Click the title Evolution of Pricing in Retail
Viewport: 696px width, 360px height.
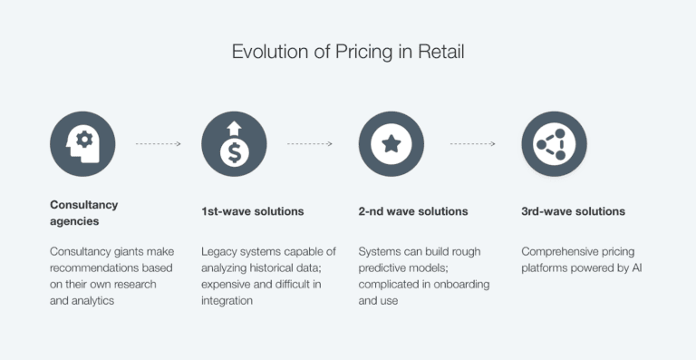pos(348,52)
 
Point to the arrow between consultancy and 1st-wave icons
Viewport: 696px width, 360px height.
pos(158,143)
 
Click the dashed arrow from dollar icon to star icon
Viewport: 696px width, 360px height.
pos(310,143)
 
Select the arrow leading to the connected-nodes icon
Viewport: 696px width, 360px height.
pos(472,143)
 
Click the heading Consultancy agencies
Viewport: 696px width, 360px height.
pos(83,212)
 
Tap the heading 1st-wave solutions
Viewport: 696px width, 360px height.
pos(252,211)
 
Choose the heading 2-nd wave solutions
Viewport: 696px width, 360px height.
pos(412,211)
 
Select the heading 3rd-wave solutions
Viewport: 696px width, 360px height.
pos(573,211)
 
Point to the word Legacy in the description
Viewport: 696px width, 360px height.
pos(219,251)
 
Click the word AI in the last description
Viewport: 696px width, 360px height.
pos(636,268)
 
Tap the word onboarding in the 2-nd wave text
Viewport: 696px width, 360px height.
pos(458,284)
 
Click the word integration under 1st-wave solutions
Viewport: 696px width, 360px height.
pos(227,300)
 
